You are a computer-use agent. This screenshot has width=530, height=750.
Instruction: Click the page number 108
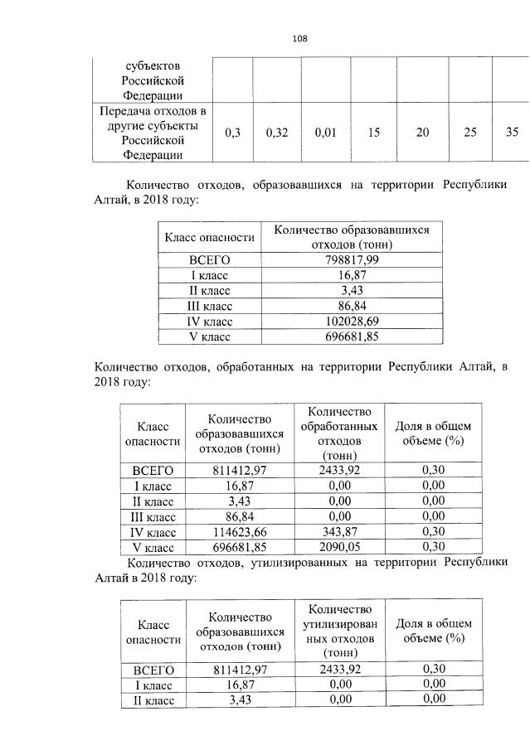click(299, 39)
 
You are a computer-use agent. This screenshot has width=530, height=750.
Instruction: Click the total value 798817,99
click(351, 260)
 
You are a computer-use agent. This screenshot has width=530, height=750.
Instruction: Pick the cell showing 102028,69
click(351, 321)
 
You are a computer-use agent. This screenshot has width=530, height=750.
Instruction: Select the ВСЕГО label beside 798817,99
click(209, 260)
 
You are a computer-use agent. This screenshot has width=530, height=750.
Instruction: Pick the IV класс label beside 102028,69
click(209, 321)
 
